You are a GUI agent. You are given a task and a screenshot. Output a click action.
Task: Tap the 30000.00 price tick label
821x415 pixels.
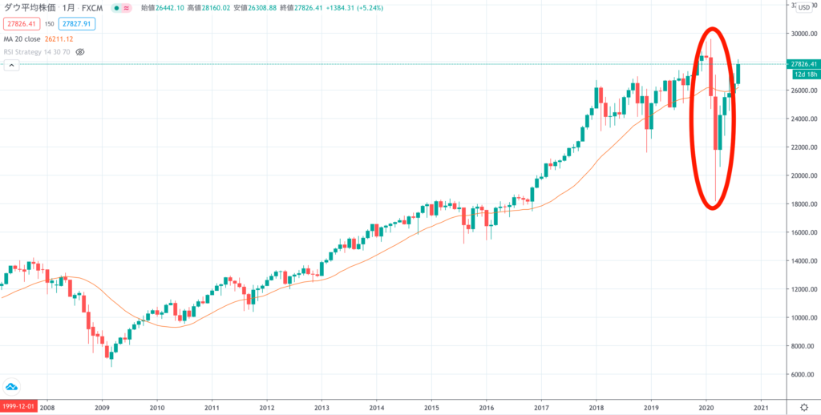click(803, 34)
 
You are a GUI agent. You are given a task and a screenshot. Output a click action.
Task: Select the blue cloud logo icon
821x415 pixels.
click(12, 385)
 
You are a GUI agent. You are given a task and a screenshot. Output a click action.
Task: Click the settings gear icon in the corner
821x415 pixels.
click(804, 407)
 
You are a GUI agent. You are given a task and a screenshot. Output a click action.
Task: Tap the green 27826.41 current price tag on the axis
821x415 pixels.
click(803, 64)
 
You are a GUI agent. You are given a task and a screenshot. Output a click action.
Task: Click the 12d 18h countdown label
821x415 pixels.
click(803, 74)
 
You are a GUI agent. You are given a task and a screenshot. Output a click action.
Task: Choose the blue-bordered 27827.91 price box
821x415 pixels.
click(76, 23)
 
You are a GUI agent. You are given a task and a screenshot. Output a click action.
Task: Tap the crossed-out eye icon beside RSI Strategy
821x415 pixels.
click(80, 51)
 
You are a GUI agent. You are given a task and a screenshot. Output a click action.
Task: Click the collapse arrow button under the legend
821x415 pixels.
click(11, 66)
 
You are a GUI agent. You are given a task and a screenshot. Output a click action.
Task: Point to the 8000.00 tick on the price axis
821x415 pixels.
click(801, 346)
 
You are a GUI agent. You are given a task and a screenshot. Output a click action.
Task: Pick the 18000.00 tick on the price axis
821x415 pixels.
click(803, 204)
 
